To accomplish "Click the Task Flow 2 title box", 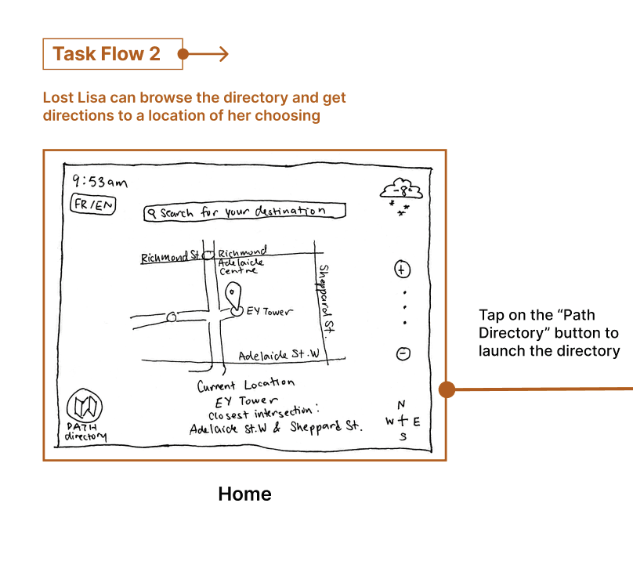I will pos(113,54).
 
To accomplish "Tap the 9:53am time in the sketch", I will pos(99,182).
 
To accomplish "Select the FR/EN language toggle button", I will pos(93,205).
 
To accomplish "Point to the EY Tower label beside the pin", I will pos(269,312).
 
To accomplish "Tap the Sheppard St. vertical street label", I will pos(326,299).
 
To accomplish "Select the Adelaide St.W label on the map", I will pos(280,355).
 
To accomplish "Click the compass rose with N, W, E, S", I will pos(402,421).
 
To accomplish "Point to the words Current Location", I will pos(245,385).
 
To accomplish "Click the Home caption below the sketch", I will pos(244,494).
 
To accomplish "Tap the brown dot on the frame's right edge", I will pos(447,389).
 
